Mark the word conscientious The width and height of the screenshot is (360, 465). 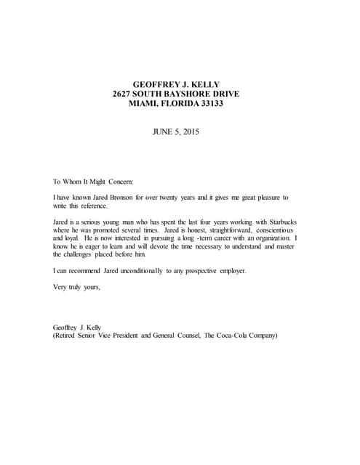[x=265, y=231]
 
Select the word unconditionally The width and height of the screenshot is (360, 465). [x=151, y=272]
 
